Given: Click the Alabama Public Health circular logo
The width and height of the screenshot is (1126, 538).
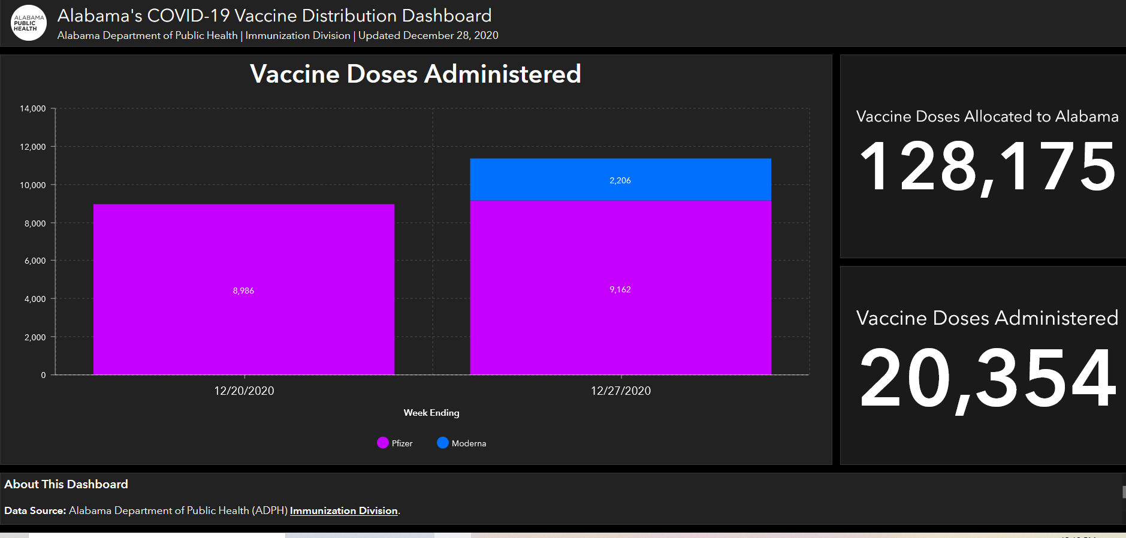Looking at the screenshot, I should click(x=29, y=23).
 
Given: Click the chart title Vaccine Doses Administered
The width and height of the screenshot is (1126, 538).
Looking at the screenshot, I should click(x=415, y=74).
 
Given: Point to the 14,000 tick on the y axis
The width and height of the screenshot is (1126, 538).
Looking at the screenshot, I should click(x=33, y=108).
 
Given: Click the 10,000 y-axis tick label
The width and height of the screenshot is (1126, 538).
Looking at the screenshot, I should click(x=33, y=185).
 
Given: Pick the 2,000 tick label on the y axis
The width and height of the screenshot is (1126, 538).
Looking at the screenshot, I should click(x=35, y=337).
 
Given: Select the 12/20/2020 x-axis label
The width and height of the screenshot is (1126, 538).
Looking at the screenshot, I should click(x=244, y=391).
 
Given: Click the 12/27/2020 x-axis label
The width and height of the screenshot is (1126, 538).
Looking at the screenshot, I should click(x=620, y=391).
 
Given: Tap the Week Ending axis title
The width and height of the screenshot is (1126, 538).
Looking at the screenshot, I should click(x=431, y=413).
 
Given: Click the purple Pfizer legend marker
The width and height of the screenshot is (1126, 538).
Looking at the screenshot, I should click(x=383, y=443).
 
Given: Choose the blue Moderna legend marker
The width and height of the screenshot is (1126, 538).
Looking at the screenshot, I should click(x=443, y=443).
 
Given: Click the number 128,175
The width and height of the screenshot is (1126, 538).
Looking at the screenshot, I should click(x=987, y=167).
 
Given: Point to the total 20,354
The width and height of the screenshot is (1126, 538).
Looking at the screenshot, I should click(x=987, y=379).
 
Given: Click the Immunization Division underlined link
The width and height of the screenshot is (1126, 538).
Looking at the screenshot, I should click(x=343, y=510).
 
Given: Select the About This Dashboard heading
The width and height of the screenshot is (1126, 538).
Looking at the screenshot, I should click(x=66, y=484).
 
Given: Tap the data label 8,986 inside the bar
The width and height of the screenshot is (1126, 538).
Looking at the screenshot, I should click(x=243, y=291).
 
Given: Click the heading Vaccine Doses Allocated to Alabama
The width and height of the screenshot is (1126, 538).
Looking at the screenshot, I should click(x=987, y=116).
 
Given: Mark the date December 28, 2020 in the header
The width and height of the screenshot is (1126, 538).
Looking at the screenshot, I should click(x=451, y=35).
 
